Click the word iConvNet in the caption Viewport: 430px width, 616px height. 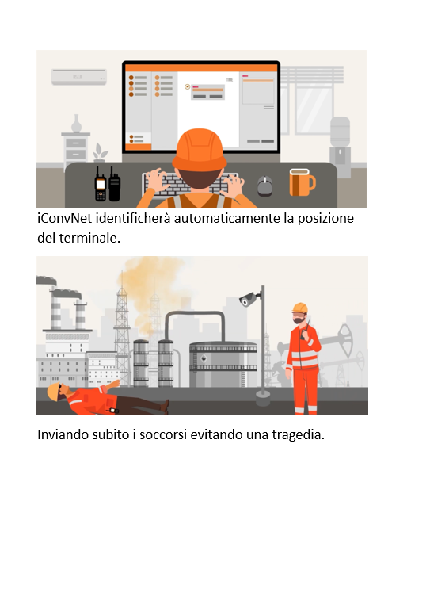65,218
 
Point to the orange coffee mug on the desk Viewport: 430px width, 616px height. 302,182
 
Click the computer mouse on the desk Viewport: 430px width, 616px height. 264,186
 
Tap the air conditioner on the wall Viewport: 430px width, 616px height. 79,77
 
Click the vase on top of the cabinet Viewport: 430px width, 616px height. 77,124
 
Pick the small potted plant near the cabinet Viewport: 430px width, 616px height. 101,153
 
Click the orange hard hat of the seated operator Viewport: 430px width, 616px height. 200,150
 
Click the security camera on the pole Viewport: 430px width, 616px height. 249,299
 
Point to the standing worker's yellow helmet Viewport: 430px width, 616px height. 300,308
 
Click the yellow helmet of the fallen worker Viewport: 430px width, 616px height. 53,392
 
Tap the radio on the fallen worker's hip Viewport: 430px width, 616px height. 113,411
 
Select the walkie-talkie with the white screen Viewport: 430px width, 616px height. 101,184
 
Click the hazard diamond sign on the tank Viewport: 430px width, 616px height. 204,358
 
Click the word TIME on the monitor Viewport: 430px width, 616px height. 230,80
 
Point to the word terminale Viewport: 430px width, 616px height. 89,238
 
